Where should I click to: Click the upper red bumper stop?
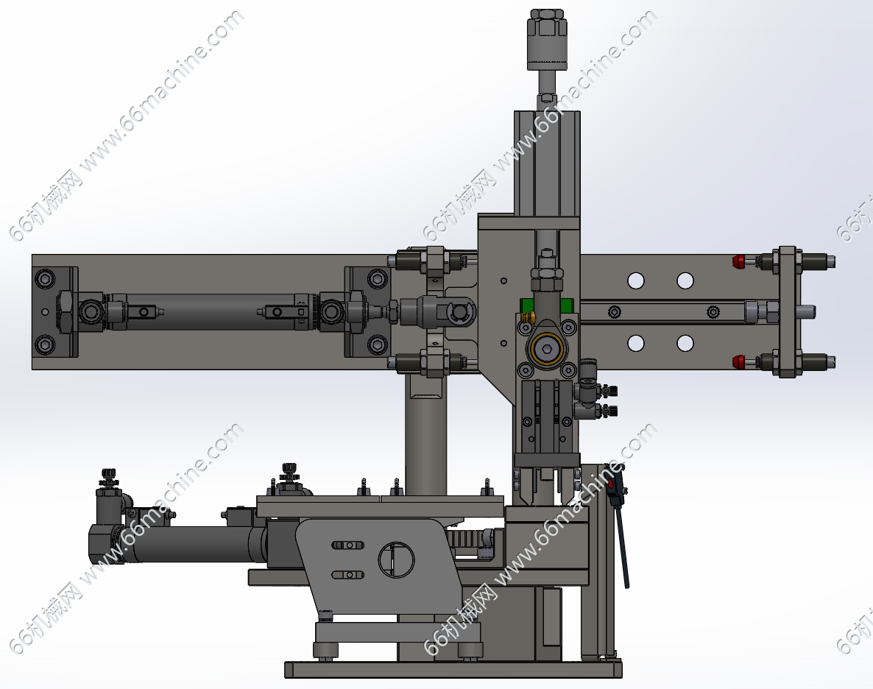739,261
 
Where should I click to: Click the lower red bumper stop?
739,361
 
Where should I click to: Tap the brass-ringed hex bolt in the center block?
548,349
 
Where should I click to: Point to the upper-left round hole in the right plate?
636,280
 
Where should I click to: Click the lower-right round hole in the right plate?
685,343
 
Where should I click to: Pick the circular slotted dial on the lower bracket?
397,559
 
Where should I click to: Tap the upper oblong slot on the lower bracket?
348,545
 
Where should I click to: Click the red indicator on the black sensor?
610,484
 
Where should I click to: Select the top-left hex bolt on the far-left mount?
45,278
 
